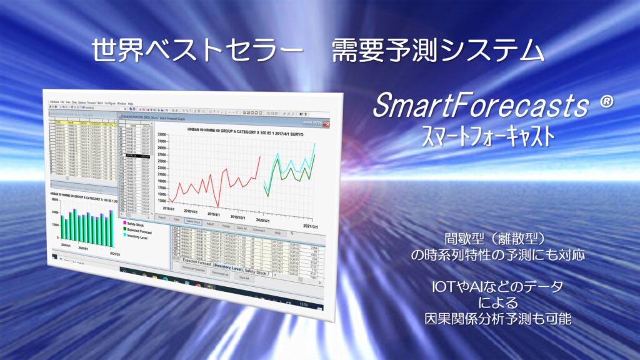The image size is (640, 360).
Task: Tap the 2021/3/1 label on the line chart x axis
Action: [x=310, y=226]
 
